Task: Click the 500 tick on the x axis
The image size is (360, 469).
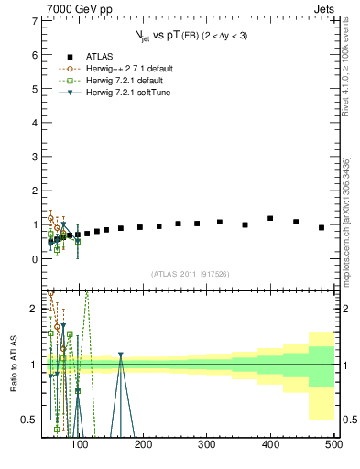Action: coord(333,444)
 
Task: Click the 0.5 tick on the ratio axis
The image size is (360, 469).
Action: coord(30,420)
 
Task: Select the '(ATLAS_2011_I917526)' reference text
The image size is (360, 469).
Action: coord(190,274)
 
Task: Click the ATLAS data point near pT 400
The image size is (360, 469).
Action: coord(270,218)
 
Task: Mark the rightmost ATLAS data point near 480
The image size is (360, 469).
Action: coord(322,227)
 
